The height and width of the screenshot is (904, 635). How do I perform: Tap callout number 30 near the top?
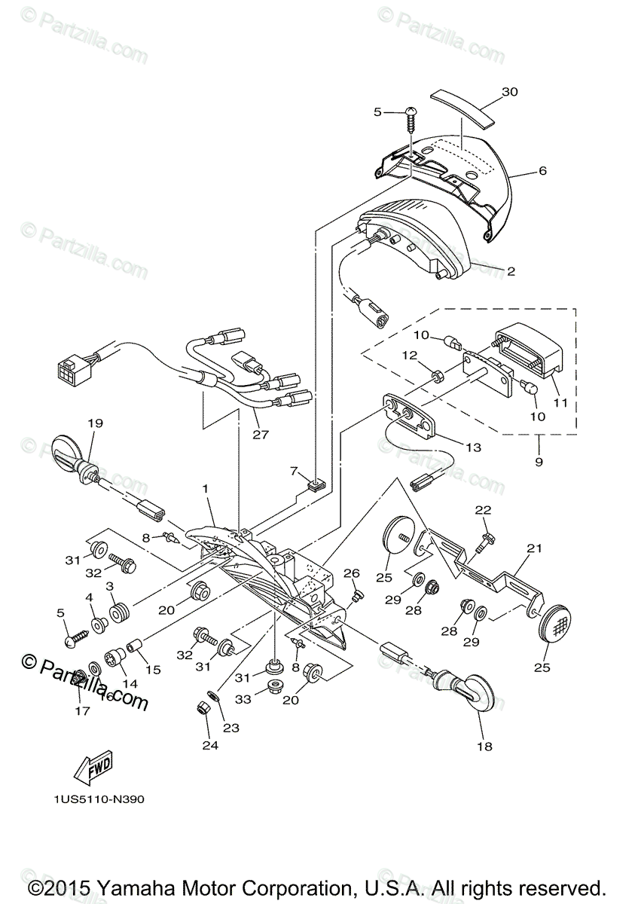[510, 93]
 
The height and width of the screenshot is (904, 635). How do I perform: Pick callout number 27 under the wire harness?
[261, 435]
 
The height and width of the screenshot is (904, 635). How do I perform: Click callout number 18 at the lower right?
[484, 747]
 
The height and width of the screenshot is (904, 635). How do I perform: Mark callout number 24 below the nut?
[209, 747]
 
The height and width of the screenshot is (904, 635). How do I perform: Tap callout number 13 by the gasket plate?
[472, 447]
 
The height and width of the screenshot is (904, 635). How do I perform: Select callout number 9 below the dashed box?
[539, 462]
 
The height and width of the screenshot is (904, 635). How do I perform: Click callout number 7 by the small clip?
[294, 471]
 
